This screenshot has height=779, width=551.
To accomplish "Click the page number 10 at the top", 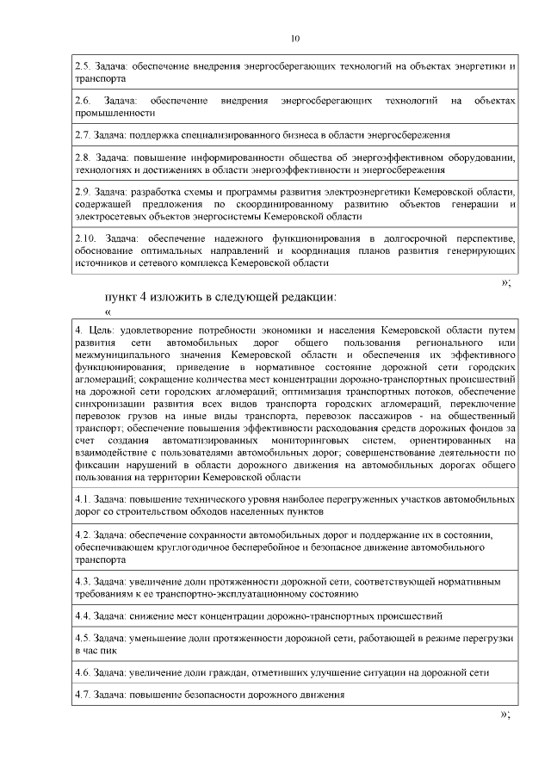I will tap(295, 39).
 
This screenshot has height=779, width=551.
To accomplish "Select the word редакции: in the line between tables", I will tap(306, 296).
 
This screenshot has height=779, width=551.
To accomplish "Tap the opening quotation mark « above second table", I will tap(108, 312).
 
